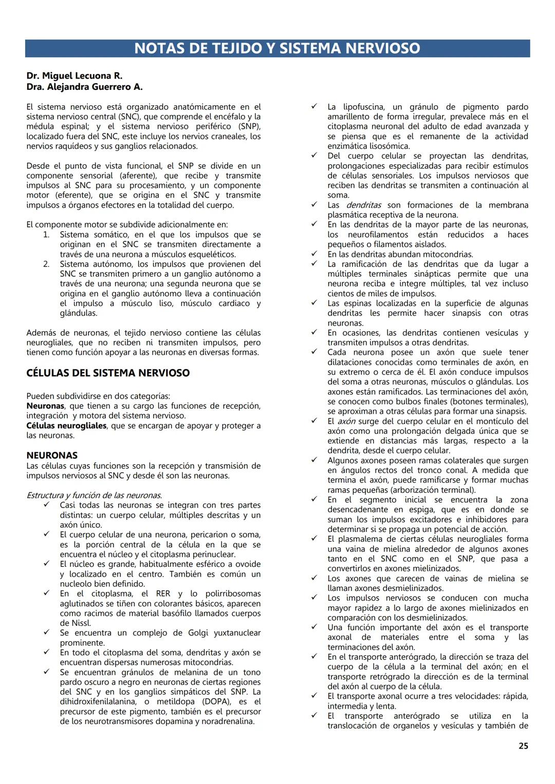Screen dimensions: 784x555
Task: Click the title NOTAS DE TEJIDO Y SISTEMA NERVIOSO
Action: click(x=277, y=48)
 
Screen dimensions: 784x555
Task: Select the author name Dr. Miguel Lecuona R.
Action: click(x=75, y=76)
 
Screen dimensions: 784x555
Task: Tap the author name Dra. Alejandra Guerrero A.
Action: click(x=84, y=87)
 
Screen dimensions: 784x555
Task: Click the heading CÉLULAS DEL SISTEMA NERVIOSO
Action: click(x=108, y=373)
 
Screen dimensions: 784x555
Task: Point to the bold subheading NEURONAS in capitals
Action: click(x=52, y=455)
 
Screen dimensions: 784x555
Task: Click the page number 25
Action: click(x=523, y=746)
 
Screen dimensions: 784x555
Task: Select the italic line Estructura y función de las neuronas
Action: click(x=94, y=495)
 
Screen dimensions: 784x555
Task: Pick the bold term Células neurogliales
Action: click(x=66, y=426)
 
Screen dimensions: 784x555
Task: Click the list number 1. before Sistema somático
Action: click(x=46, y=235)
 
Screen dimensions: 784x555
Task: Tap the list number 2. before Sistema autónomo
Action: click(x=46, y=264)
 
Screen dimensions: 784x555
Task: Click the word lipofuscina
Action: click(x=363, y=107)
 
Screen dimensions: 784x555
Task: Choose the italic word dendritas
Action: click(x=363, y=205)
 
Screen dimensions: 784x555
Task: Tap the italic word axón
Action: click(x=346, y=421)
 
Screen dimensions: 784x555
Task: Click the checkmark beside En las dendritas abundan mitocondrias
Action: click(x=314, y=254)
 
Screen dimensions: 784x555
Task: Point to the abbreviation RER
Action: click(x=163, y=594)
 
